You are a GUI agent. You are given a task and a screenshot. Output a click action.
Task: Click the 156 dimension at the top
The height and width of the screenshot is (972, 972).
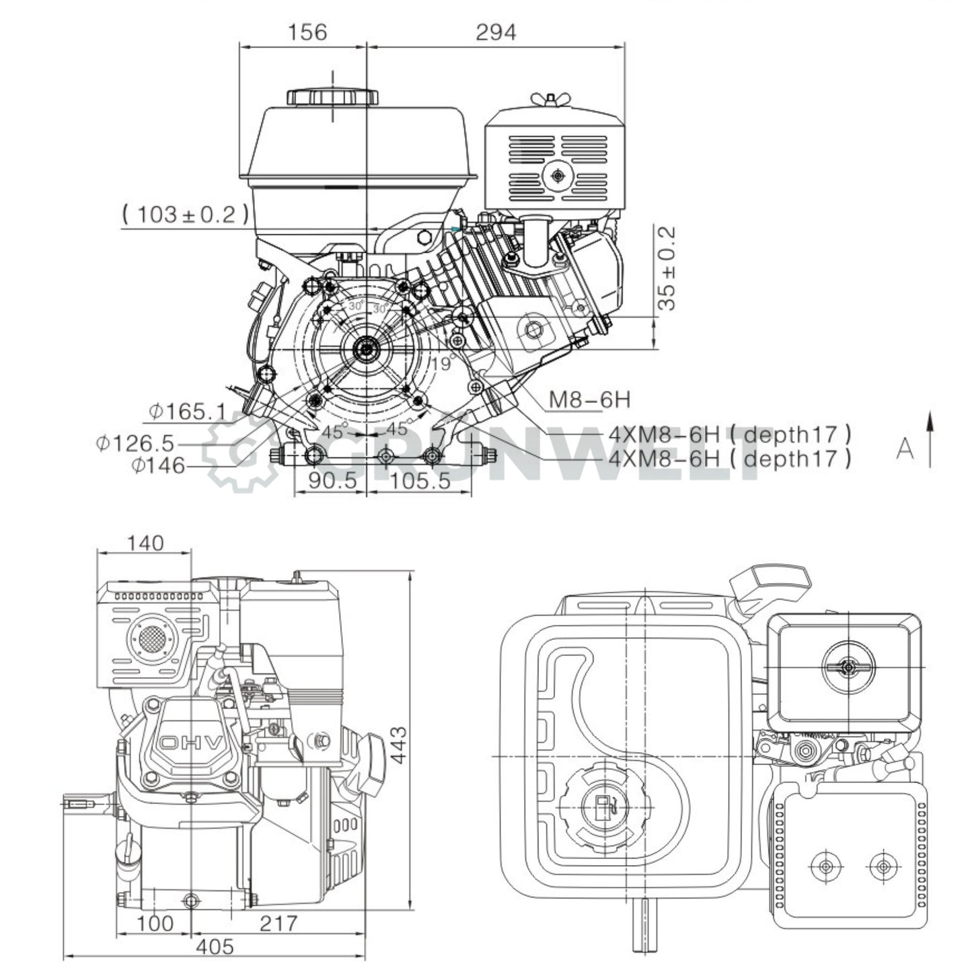pyautogui.click(x=307, y=32)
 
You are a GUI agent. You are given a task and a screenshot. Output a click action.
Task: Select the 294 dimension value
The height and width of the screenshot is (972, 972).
pyautogui.click(x=496, y=32)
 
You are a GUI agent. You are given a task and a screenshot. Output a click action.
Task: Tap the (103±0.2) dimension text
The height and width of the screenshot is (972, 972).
pyautogui.click(x=186, y=215)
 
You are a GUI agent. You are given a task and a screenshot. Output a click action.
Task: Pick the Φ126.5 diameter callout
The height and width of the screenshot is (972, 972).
pyautogui.click(x=135, y=443)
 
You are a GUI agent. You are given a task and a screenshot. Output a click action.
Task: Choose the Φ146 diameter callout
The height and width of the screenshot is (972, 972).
pyautogui.click(x=158, y=465)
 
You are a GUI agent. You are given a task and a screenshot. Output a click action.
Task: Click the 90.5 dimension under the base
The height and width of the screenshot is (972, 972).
pyautogui.click(x=330, y=481)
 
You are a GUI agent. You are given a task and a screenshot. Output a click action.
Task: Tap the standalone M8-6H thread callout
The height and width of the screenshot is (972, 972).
pyautogui.click(x=590, y=400)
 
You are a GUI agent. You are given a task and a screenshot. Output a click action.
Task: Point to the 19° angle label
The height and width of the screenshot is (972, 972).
pyautogui.click(x=441, y=364)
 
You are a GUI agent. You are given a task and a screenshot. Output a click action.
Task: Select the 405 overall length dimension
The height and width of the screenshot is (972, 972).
pyautogui.click(x=217, y=946)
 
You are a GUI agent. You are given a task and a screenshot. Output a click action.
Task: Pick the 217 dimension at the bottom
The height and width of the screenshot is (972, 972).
pyautogui.click(x=278, y=923)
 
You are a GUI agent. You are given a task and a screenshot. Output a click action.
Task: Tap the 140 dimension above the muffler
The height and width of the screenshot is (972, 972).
pyautogui.click(x=145, y=543)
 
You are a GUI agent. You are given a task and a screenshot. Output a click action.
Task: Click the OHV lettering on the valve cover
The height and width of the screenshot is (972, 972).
pyautogui.click(x=191, y=743)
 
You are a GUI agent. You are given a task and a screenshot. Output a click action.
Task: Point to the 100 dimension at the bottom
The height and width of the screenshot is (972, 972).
pyautogui.click(x=155, y=923)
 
